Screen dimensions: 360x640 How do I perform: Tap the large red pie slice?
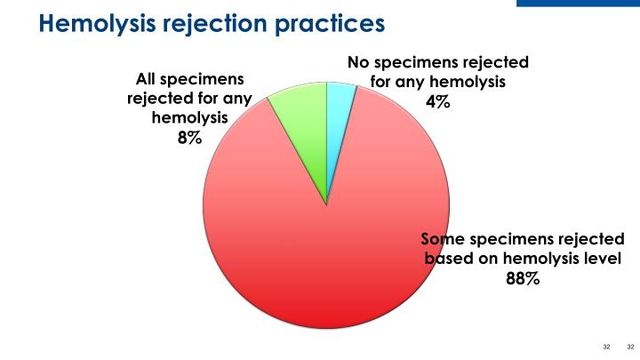329,267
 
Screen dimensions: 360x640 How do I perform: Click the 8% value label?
189,137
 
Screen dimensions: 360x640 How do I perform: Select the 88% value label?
524,279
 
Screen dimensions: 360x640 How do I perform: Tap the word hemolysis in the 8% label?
189,117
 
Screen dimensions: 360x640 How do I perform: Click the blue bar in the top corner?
578,3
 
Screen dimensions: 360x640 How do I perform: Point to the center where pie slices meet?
327,205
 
